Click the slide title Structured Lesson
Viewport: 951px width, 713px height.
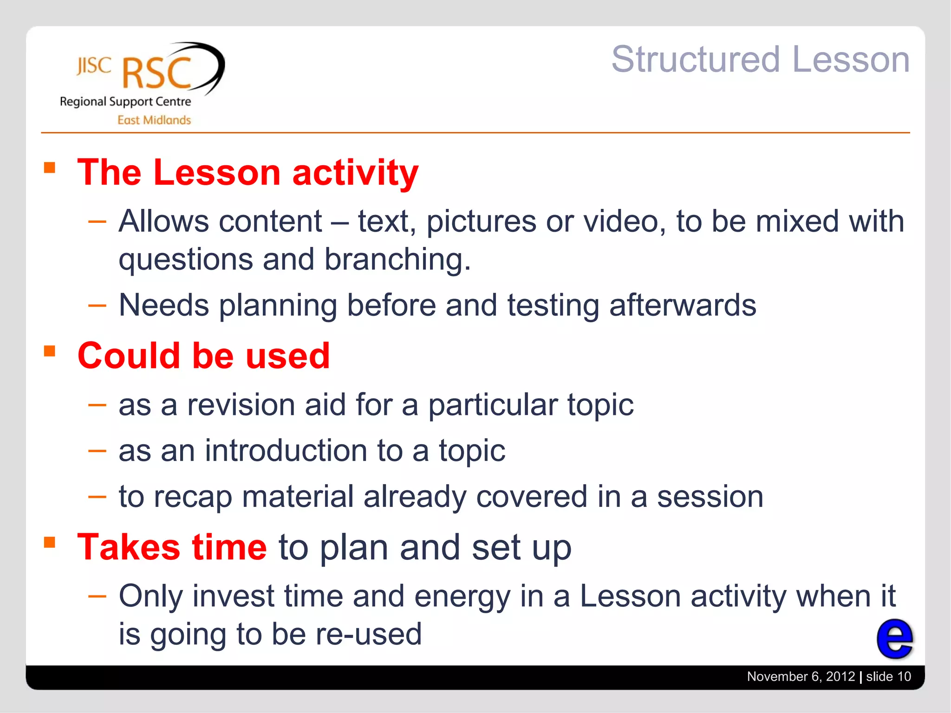click(x=760, y=59)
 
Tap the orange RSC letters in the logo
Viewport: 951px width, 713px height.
click(x=157, y=73)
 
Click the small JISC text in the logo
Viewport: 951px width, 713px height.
click(x=94, y=66)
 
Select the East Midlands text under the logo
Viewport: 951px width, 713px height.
click(x=154, y=120)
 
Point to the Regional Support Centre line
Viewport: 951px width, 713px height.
click(x=125, y=102)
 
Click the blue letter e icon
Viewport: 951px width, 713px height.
click(x=894, y=639)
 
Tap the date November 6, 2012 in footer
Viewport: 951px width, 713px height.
click(x=801, y=676)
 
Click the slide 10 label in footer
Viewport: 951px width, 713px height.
click(x=888, y=676)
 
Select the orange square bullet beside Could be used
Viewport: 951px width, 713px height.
click(x=50, y=351)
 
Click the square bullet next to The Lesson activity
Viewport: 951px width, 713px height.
click(x=50, y=167)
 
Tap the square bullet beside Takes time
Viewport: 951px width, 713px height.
click(x=50, y=542)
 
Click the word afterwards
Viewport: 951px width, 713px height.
click(x=682, y=305)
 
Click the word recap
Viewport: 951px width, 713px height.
click(x=193, y=497)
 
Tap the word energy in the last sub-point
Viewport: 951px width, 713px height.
click(x=462, y=596)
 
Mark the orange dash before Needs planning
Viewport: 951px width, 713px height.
click(x=97, y=305)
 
